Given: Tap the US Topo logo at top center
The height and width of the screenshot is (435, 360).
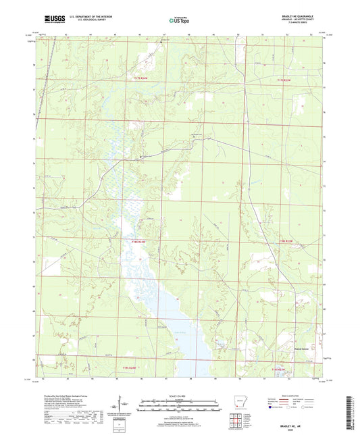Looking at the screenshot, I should coord(179,21).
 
